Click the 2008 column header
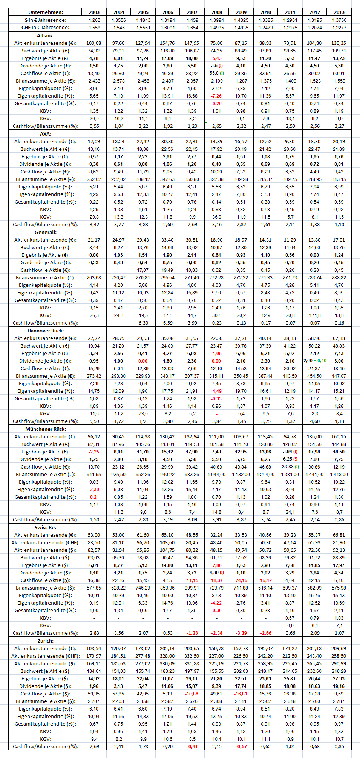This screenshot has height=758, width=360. coord(217,12)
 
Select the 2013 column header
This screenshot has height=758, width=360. coord(339,12)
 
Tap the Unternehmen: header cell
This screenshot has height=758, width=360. coord(46,12)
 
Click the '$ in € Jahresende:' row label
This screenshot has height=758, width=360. coord(46,20)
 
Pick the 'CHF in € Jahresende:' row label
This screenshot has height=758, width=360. coord(46,28)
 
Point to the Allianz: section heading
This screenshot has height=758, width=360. coord(46,35)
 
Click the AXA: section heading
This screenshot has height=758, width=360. coord(46,134)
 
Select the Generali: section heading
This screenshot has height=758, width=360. coord(46,232)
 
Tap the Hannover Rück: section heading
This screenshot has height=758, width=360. coord(46,331)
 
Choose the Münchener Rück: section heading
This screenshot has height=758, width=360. coord(46,429)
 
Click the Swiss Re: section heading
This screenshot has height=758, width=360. coord(46,527)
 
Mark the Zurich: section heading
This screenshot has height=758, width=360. coord(46,641)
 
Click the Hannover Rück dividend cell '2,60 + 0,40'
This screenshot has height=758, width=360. coord(315,361)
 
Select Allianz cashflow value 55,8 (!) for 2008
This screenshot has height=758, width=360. coord(217,73)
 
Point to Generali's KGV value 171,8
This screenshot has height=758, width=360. coord(315,315)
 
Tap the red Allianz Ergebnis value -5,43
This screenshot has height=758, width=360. coord(216,58)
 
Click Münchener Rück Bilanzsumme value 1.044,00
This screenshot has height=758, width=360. coord(217,474)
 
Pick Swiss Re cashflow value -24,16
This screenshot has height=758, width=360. coord(241,580)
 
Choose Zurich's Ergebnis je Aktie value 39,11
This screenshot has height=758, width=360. coord(192,678)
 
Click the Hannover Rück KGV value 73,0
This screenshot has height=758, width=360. coord(143,413)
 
